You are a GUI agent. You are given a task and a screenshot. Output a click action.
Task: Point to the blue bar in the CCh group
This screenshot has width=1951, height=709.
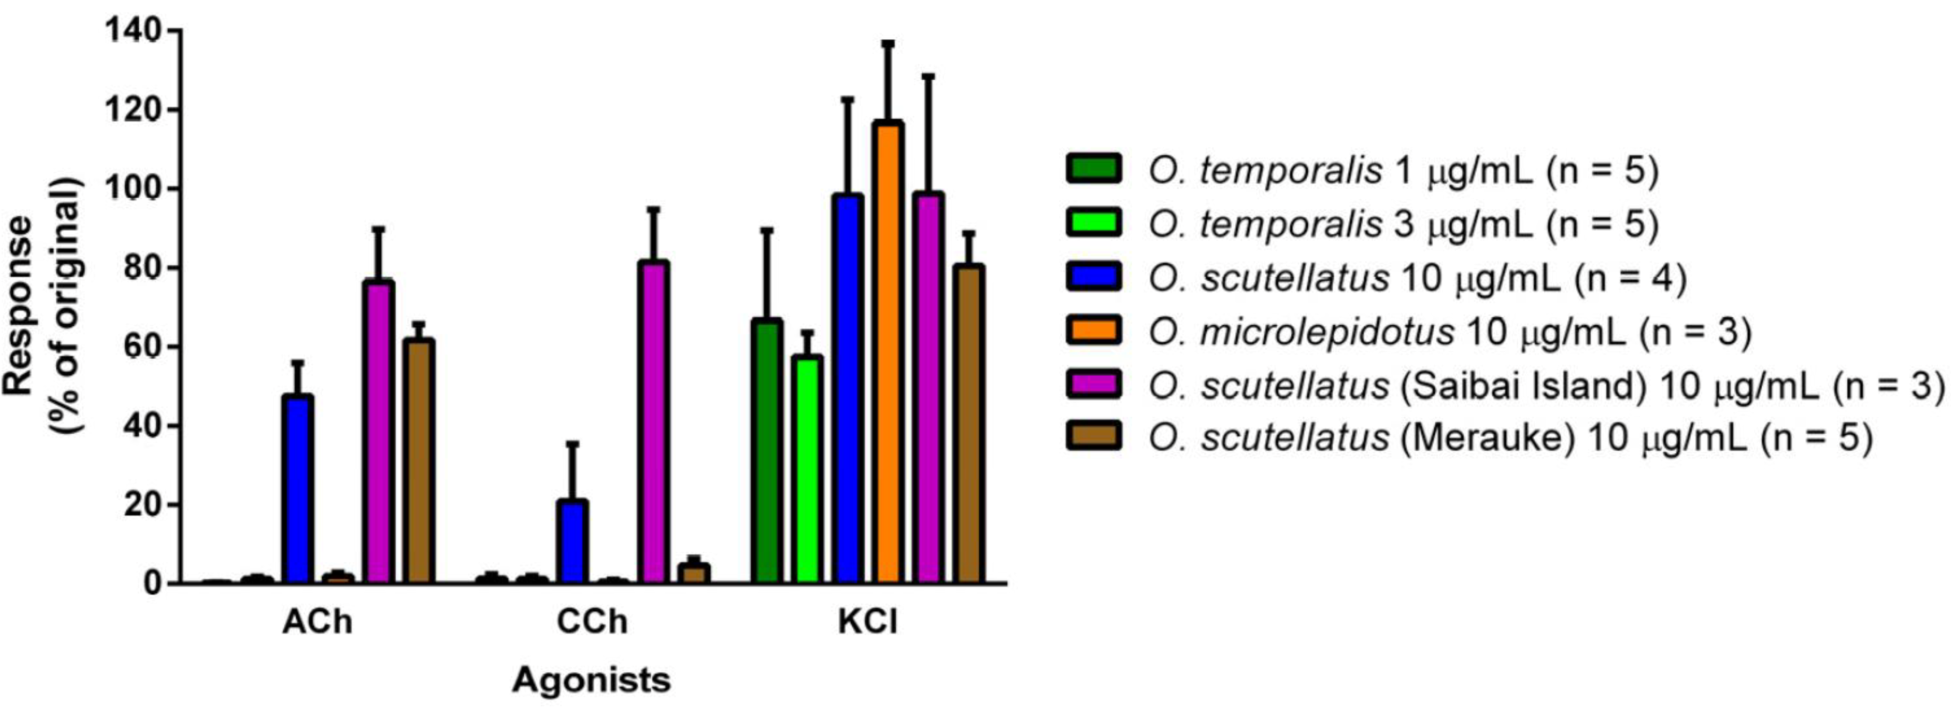coord(572,542)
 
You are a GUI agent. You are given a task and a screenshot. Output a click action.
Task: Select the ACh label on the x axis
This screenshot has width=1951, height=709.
coord(317,622)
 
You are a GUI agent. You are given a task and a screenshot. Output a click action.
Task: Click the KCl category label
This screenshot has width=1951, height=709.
coord(868,622)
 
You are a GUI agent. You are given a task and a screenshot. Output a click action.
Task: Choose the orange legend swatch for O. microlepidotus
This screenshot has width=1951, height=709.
coord(1094,331)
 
